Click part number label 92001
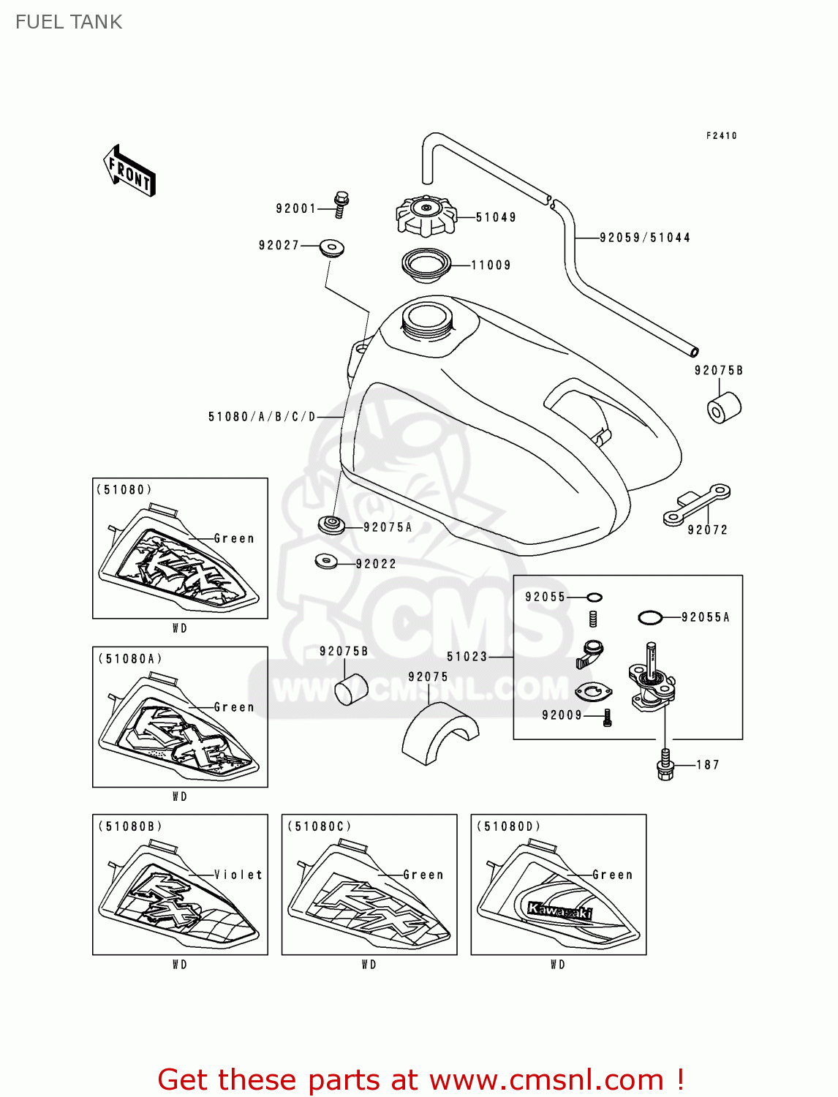pos(295,208)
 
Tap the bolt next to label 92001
pos(341,204)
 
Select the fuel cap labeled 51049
pos(426,215)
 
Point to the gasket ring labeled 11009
pos(426,265)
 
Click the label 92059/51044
pos(644,238)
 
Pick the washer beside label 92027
pos(332,246)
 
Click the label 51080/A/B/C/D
pos(262,417)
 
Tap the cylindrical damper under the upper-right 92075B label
pos(724,407)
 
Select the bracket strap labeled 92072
pos(696,505)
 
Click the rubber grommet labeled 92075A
pos(332,524)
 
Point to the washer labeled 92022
pos(326,562)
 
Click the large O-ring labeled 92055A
pos(650,618)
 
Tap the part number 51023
pos(467,657)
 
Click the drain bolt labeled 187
pos(665,765)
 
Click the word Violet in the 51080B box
pos(238,875)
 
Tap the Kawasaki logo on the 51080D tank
pos(560,911)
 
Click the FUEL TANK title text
pos(69,22)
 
